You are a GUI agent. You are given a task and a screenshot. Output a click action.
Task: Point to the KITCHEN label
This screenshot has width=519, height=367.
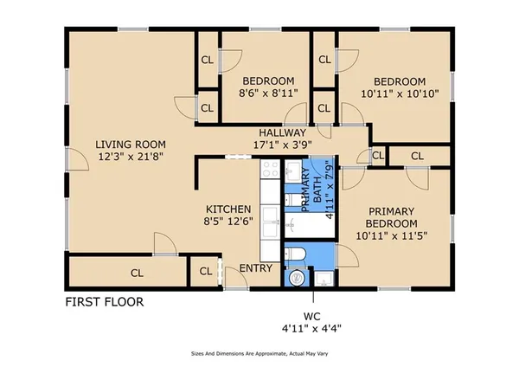[x=228, y=209]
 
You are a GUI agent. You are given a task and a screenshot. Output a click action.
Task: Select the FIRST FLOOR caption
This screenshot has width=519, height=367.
[x=105, y=303]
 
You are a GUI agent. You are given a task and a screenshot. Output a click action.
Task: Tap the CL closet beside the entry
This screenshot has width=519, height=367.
[x=206, y=272]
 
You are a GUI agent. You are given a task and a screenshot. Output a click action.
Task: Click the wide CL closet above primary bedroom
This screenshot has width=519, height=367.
[x=418, y=156]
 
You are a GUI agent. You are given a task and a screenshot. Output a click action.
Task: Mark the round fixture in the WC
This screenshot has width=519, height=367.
[x=296, y=278]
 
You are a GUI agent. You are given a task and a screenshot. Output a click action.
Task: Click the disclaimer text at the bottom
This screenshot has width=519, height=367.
[x=259, y=354]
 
